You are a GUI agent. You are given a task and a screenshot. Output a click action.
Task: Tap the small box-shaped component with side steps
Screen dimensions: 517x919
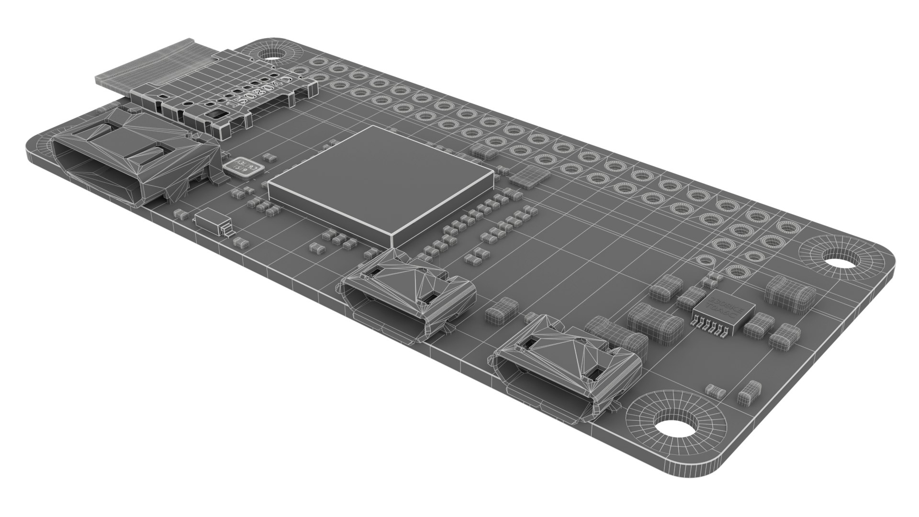click(211, 221)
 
